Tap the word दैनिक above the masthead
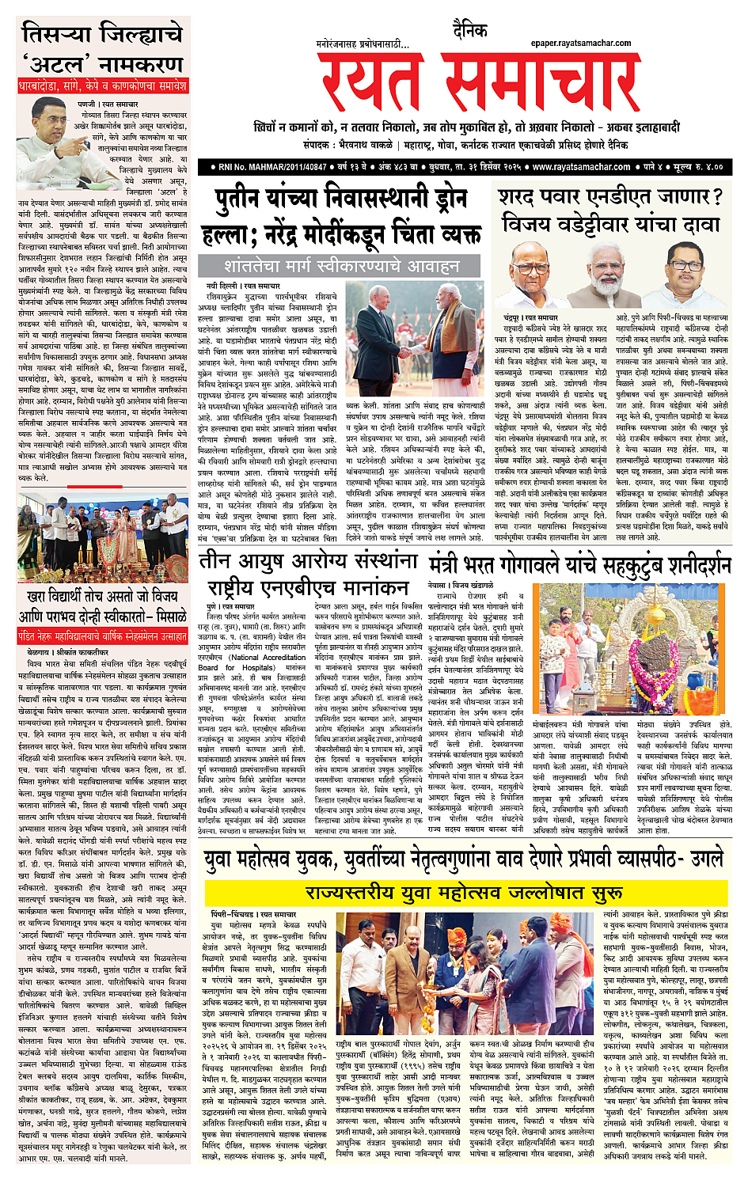tap(469, 31)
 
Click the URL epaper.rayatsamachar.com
tap(580, 44)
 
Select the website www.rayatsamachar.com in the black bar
tap(581, 167)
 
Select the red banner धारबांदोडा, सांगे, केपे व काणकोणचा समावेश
tap(103, 85)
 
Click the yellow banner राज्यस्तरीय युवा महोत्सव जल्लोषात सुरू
tap(464, 893)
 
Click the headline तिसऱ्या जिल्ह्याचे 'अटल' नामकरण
tap(103, 49)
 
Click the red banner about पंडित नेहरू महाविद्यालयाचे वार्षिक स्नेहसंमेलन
tap(103, 636)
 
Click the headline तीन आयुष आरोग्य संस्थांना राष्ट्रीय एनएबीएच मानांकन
tap(309, 575)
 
